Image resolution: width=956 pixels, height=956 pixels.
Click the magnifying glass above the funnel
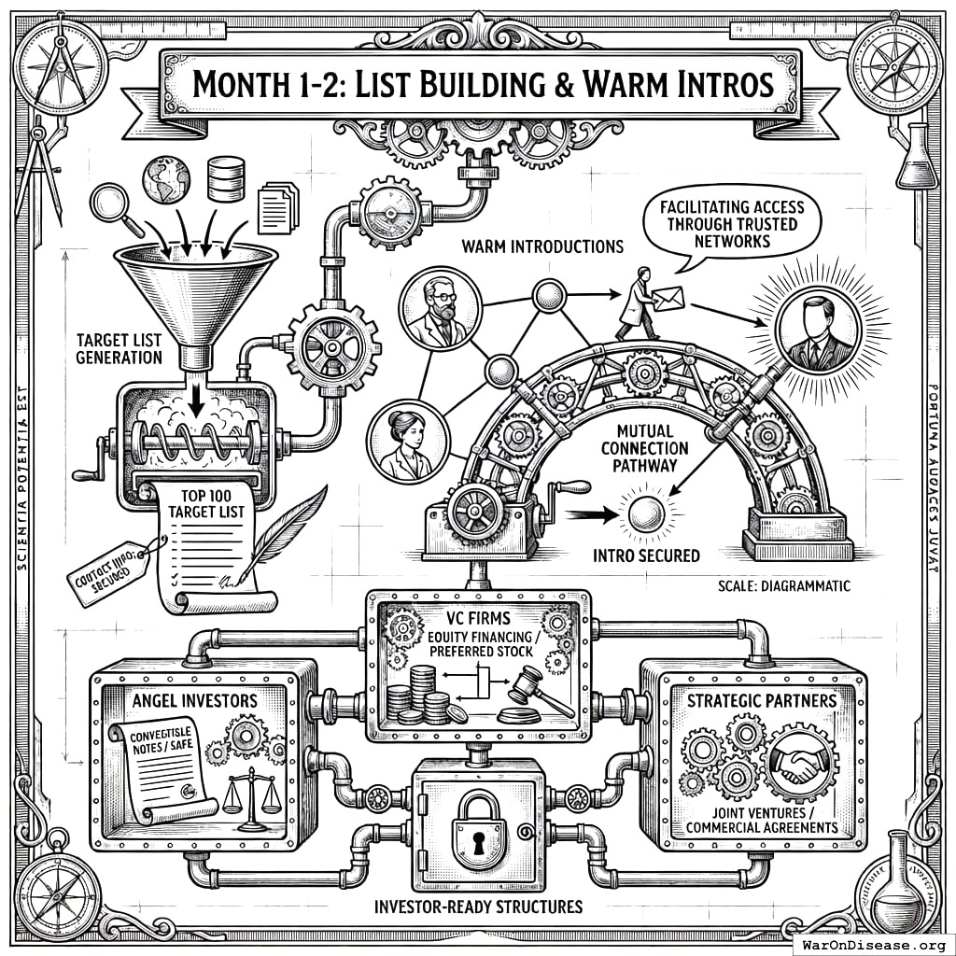click(x=111, y=204)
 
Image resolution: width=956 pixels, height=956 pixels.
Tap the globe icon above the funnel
click(x=165, y=180)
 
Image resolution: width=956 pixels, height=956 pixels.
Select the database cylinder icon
click(x=226, y=178)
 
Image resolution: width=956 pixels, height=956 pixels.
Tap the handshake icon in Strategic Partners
click(x=797, y=762)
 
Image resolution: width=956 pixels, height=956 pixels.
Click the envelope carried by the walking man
click(x=668, y=299)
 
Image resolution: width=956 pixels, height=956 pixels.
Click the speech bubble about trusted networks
click(x=727, y=225)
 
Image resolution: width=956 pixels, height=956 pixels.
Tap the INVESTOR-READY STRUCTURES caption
click(x=477, y=906)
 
